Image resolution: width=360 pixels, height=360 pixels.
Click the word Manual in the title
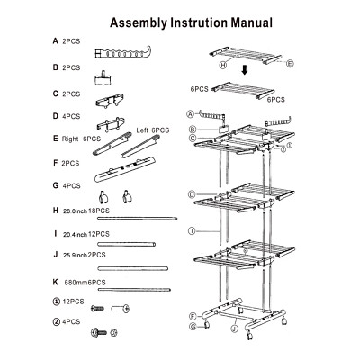coord(251,22)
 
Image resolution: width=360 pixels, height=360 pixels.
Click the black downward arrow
coord(245,70)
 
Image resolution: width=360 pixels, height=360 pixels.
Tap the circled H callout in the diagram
coord(223,65)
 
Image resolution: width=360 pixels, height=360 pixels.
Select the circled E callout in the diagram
coord(290,64)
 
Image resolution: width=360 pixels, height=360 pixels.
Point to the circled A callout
coord(190,114)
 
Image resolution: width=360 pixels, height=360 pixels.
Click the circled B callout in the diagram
coord(193,130)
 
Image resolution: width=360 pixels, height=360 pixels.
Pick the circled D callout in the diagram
coord(192,194)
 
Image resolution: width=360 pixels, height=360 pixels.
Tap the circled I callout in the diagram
coord(191,230)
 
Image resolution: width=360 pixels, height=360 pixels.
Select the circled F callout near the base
coord(193,316)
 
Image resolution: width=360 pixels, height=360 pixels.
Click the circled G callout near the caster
coord(193,326)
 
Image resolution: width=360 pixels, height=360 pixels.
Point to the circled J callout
coord(235,328)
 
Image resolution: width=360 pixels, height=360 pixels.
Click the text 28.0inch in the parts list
coord(75,211)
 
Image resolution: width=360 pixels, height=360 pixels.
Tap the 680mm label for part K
coord(76,283)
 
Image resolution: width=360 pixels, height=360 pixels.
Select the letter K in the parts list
coord(56,282)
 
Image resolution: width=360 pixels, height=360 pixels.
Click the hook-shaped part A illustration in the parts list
coord(123,53)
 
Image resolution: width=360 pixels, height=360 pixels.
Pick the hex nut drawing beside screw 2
coord(114,332)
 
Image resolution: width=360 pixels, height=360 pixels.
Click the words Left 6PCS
coord(153,130)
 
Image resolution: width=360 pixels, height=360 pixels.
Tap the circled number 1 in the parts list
coord(56,301)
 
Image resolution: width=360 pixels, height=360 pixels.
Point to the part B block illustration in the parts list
coord(103,78)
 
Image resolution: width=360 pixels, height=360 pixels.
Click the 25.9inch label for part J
coord(75,256)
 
